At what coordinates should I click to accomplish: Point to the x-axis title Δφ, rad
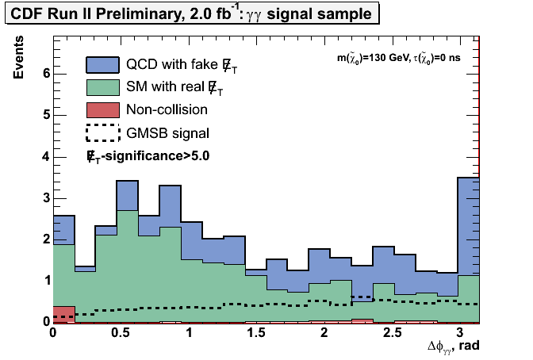click(x=452, y=346)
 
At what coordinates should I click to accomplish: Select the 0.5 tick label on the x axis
click(x=121, y=331)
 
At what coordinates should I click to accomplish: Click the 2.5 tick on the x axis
click(x=393, y=331)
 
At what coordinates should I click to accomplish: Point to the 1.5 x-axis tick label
click(x=257, y=331)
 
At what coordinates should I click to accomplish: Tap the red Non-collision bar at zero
click(x=63, y=314)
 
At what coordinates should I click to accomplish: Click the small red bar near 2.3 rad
click(x=362, y=320)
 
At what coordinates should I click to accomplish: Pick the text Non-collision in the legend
click(x=167, y=109)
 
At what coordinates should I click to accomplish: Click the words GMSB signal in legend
click(x=167, y=132)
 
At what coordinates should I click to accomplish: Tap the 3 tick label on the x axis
click(x=460, y=331)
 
